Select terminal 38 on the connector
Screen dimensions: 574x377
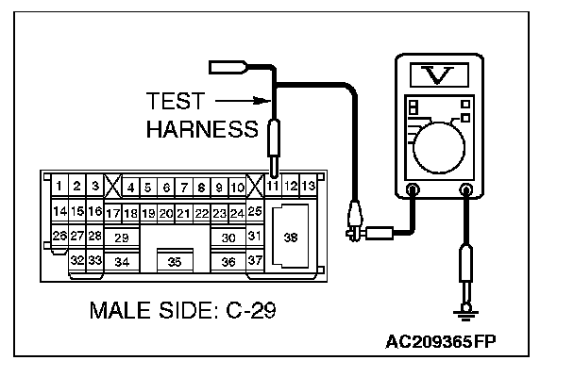[290, 238]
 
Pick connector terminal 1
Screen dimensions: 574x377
[59, 187]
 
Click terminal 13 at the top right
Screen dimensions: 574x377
[309, 187]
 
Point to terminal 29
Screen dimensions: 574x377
[121, 238]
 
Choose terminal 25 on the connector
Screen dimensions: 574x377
[254, 212]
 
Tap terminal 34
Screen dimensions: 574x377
[121, 262]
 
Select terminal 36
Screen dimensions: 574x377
[228, 262]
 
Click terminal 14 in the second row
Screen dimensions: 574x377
[59, 212]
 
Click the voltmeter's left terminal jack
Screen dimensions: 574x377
[412, 191]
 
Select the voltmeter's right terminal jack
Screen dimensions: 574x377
[464, 191]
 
